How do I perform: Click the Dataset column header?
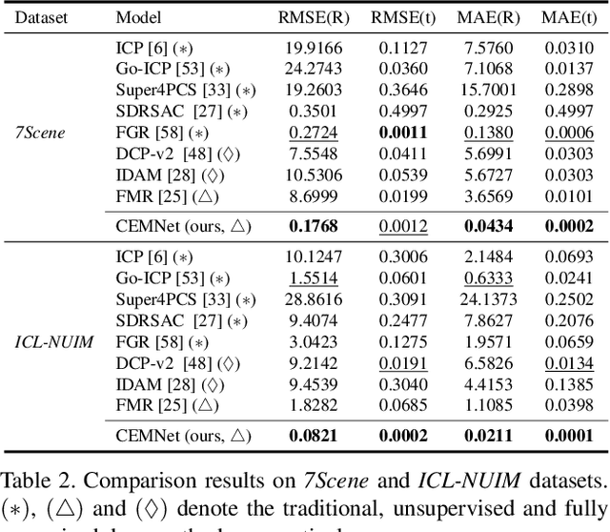41,17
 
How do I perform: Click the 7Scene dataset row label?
41,133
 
